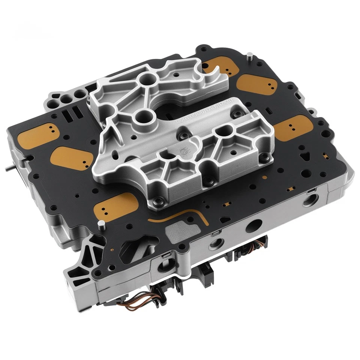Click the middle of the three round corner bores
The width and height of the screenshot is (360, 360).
pyautogui.click(x=66, y=99)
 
